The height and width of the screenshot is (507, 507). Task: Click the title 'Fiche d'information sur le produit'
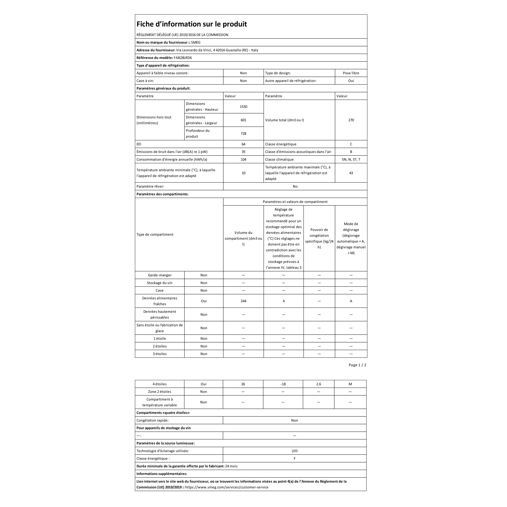point(192,24)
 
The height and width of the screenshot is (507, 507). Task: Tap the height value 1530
point(243,106)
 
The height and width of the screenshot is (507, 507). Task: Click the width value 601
point(243,120)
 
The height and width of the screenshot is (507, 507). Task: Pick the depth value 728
point(243,134)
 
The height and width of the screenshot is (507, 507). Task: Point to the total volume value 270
point(351,120)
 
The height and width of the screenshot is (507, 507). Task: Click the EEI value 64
point(243,144)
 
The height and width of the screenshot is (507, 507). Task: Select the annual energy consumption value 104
point(243,159)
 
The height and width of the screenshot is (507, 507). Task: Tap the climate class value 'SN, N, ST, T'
point(351,159)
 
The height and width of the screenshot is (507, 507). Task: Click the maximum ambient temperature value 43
point(351,173)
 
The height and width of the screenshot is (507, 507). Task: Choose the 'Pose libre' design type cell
point(351,73)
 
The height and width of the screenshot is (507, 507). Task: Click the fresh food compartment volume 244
point(243,301)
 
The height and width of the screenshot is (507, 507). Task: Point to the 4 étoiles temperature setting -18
point(283,384)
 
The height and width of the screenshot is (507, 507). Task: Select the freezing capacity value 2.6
point(319,384)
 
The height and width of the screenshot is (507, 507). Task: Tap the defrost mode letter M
point(350,384)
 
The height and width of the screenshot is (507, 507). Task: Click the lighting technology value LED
point(294,451)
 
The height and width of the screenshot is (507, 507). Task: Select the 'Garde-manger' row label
point(160,275)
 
